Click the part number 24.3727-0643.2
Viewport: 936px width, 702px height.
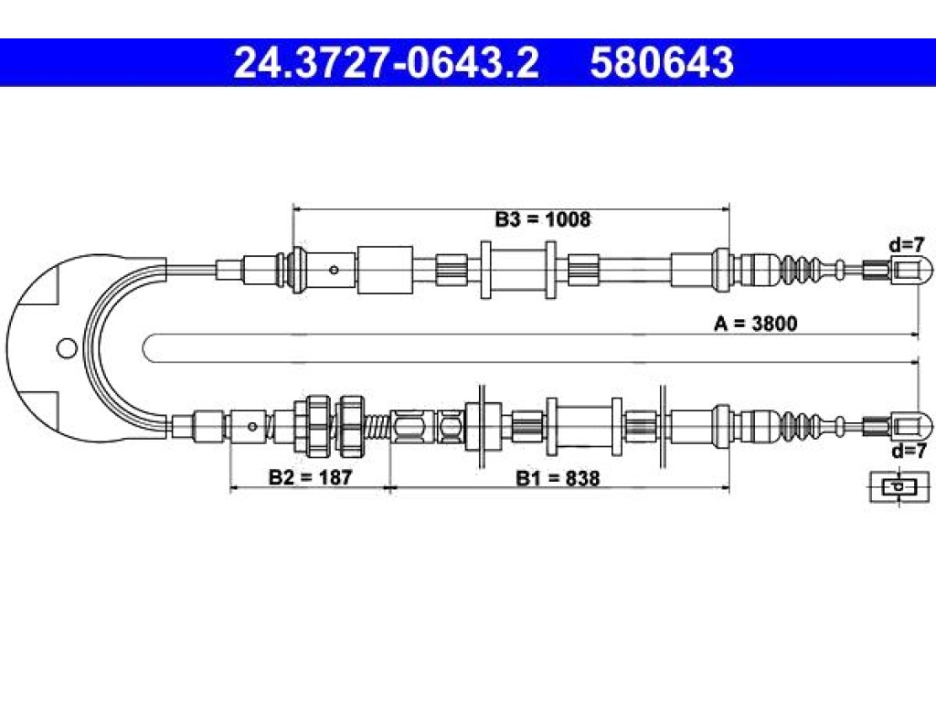(x=387, y=63)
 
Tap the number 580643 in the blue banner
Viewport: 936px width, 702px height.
(x=662, y=63)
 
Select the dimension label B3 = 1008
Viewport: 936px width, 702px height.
(x=543, y=219)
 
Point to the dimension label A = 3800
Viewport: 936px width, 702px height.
(x=756, y=324)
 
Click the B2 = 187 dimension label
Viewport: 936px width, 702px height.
(x=311, y=477)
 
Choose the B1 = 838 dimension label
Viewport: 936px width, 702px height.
(x=558, y=478)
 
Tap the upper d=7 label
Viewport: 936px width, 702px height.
(x=906, y=244)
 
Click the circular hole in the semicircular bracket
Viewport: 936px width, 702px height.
(x=67, y=347)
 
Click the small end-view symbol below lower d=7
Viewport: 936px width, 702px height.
(x=899, y=487)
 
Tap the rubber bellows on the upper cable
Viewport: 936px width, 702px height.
(x=802, y=270)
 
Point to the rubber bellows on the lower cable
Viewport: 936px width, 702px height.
(x=802, y=426)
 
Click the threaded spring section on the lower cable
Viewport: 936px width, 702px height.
(x=377, y=426)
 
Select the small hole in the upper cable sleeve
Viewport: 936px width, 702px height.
(x=335, y=271)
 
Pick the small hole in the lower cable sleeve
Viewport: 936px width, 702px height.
(x=252, y=426)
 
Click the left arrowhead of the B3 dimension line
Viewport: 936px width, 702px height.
(x=298, y=209)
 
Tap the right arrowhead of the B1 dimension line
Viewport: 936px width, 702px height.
(x=725, y=488)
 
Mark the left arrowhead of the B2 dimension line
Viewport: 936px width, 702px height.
(x=235, y=488)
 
